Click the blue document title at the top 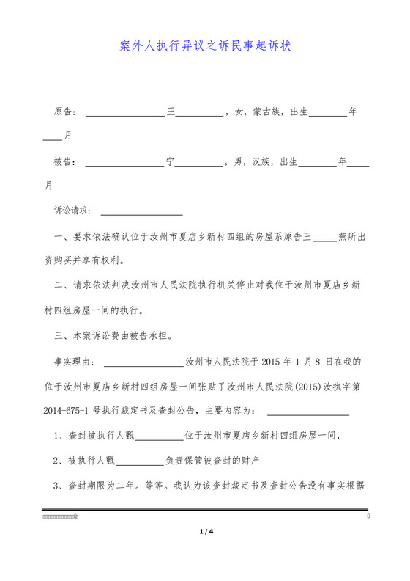click(x=205, y=46)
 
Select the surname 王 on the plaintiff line click(x=172, y=113)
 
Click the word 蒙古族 click(x=267, y=113)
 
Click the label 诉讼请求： click(x=74, y=211)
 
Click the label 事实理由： click(x=74, y=362)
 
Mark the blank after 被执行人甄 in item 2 click(x=140, y=462)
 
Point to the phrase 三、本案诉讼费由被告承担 click(x=113, y=337)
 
